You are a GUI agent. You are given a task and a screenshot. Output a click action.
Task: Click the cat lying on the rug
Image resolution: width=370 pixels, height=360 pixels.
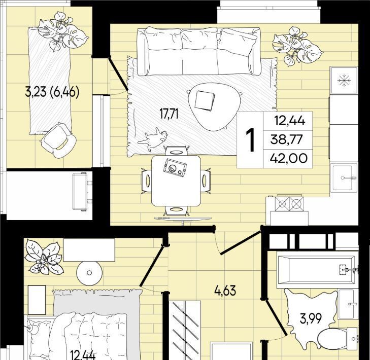(154, 139)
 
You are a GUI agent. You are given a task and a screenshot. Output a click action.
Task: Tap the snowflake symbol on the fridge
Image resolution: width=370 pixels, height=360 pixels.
(344, 81)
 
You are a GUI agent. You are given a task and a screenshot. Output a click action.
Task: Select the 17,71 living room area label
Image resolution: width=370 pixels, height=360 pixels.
(169, 114)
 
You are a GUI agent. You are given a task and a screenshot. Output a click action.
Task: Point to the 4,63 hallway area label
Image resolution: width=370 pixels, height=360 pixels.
(225, 291)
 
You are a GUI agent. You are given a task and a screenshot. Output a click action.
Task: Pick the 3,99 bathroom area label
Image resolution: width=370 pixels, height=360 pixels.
(311, 319)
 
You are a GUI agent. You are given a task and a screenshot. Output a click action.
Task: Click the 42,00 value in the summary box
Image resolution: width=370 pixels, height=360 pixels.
(289, 158)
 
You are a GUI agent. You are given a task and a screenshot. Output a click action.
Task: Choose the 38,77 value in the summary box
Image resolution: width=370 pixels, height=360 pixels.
(286, 139)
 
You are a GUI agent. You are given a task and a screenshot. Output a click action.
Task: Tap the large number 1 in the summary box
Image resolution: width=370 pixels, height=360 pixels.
(250, 140)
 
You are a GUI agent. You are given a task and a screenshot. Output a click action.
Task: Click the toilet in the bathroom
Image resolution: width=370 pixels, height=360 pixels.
(338, 339)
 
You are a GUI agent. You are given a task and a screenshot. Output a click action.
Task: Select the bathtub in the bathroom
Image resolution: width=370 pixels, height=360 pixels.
(317, 270)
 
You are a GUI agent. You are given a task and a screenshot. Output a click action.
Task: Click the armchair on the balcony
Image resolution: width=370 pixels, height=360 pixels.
(58, 140)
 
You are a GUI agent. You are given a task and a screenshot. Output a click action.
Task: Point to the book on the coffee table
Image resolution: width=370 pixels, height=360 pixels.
(205, 101)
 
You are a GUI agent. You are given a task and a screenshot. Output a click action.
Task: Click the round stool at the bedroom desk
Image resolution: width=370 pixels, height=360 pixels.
(89, 273)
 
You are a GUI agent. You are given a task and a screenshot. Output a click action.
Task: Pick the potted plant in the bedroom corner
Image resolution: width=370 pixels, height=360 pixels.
(44, 257)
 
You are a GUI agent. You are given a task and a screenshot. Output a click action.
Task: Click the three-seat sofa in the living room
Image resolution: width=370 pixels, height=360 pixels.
(199, 52)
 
